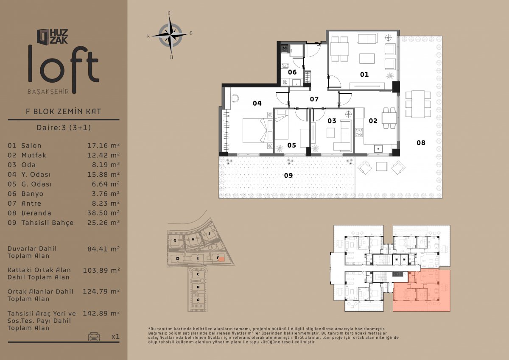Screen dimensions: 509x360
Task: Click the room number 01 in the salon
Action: pyautogui.click(x=364, y=75)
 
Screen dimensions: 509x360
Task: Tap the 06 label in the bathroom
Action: pyautogui.click(x=292, y=72)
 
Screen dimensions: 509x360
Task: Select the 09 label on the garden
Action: pyautogui.click(x=288, y=176)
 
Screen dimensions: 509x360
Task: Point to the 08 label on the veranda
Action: pyautogui.click(x=421, y=142)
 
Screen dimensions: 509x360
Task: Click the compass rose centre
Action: pyautogui.click(x=170, y=36)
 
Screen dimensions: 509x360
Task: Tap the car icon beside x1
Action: pyautogui.click(x=94, y=336)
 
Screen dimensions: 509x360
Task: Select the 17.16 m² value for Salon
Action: pyautogui.click(x=103, y=145)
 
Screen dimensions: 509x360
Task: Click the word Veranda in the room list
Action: pyautogui.click(x=36, y=213)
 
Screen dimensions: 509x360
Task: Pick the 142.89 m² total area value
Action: pyautogui.click(x=101, y=313)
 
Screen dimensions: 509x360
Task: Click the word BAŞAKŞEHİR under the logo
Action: pyautogui.click(x=48, y=92)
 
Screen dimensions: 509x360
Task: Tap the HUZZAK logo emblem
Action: pyautogui.click(x=43, y=36)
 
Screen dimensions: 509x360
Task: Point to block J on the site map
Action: pyautogui.click(x=210, y=234)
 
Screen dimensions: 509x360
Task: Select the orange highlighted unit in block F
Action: pyautogui.click(x=221, y=259)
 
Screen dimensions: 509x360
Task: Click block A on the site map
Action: pyautogui.click(x=198, y=300)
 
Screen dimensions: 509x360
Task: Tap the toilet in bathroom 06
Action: pyautogui.click(x=285, y=66)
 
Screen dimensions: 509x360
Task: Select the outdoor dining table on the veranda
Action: pyautogui.click(x=418, y=104)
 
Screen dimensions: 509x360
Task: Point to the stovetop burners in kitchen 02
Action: pyautogui.click(x=359, y=132)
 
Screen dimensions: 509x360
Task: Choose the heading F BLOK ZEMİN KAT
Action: pyautogui.click(x=63, y=112)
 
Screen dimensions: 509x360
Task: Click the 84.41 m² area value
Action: pyautogui.click(x=103, y=249)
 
